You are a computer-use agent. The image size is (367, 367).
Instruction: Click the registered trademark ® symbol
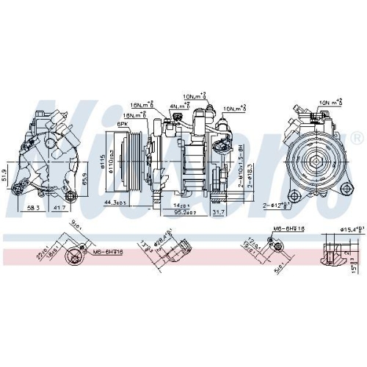pyautogui.click(x=356, y=138)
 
